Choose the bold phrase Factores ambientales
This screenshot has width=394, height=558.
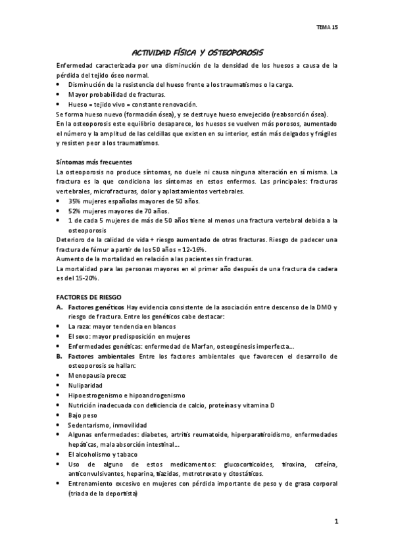100,355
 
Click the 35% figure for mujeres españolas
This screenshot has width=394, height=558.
74,201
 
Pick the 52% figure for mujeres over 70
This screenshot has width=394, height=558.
74,211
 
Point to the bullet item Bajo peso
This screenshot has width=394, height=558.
82,416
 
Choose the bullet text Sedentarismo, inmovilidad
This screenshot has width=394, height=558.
107,425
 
